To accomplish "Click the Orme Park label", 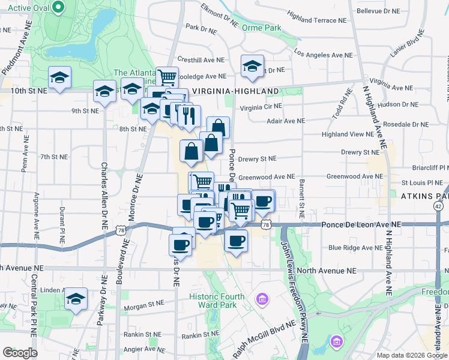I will [x=261, y=28].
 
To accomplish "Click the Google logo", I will [x=20, y=353].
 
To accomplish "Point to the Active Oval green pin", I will [x=58, y=7].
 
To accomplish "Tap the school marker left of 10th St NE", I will [x=59, y=78].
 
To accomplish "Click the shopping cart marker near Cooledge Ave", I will [x=167, y=77].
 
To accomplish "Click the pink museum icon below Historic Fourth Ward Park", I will [x=262, y=298].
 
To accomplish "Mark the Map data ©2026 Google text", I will [x=411, y=355].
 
